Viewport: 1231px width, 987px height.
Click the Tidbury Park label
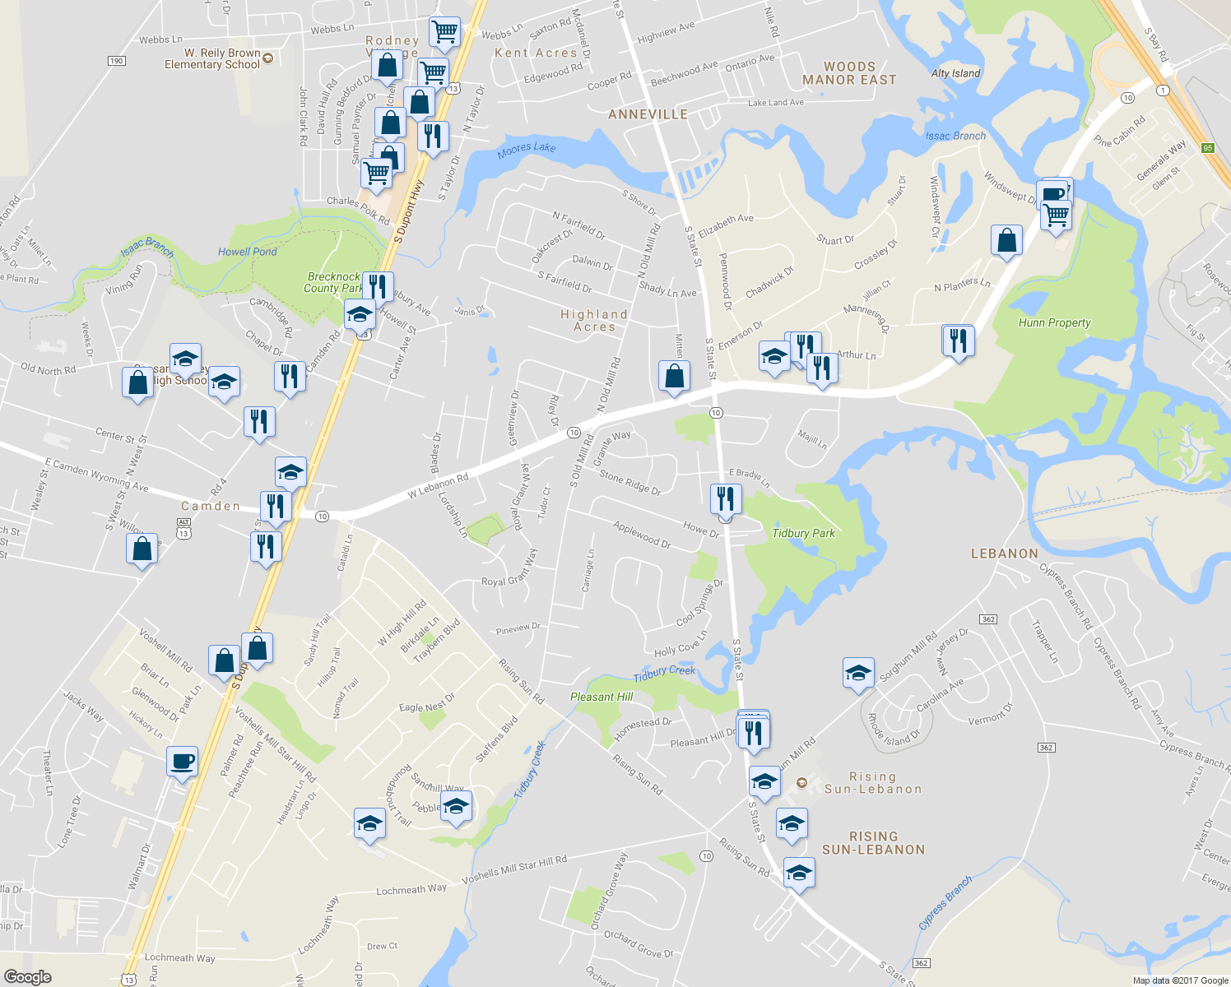(803, 533)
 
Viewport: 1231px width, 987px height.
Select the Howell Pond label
(247, 252)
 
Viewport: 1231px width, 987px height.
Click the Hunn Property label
(1054, 322)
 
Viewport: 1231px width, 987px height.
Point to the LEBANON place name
(1004, 554)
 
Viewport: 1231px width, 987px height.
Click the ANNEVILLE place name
(648, 114)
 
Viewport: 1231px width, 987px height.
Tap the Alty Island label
(955, 73)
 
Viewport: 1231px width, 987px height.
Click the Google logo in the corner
(27, 976)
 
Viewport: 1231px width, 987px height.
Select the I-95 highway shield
(1207, 148)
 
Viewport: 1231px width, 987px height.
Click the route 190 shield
(116, 61)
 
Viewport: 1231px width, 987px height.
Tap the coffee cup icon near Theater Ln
(182, 761)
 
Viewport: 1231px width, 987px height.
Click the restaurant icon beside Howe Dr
(725, 498)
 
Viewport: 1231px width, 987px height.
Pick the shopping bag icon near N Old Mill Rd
(674, 376)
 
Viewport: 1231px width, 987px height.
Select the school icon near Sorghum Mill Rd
(858, 672)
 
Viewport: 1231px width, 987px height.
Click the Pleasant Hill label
(602, 697)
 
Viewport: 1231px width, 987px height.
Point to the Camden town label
(211, 506)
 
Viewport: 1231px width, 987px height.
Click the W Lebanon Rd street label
(438, 486)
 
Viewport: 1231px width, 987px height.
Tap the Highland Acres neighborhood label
(594, 321)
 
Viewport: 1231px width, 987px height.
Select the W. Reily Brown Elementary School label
(212, 58)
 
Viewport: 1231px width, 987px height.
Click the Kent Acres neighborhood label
(536, 53)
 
